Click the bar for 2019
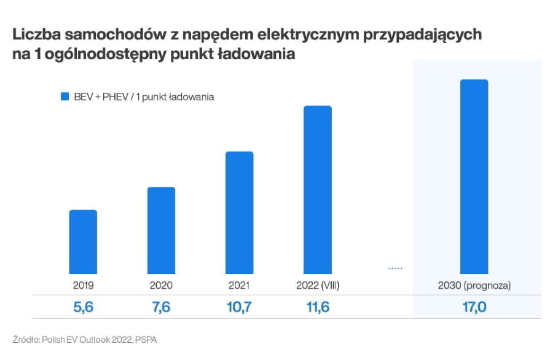83,242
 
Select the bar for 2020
161,230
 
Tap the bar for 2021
239,213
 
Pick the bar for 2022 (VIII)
317,190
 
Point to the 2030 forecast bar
474,177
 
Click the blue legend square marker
64,96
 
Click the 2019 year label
83,285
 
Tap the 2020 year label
161,285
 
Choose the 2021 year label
239,285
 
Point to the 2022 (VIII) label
317,285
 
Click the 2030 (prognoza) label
474,285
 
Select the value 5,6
83,307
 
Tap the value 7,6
161,307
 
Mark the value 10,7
239,307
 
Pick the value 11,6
317,307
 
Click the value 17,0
474,307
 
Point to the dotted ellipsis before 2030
395,268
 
